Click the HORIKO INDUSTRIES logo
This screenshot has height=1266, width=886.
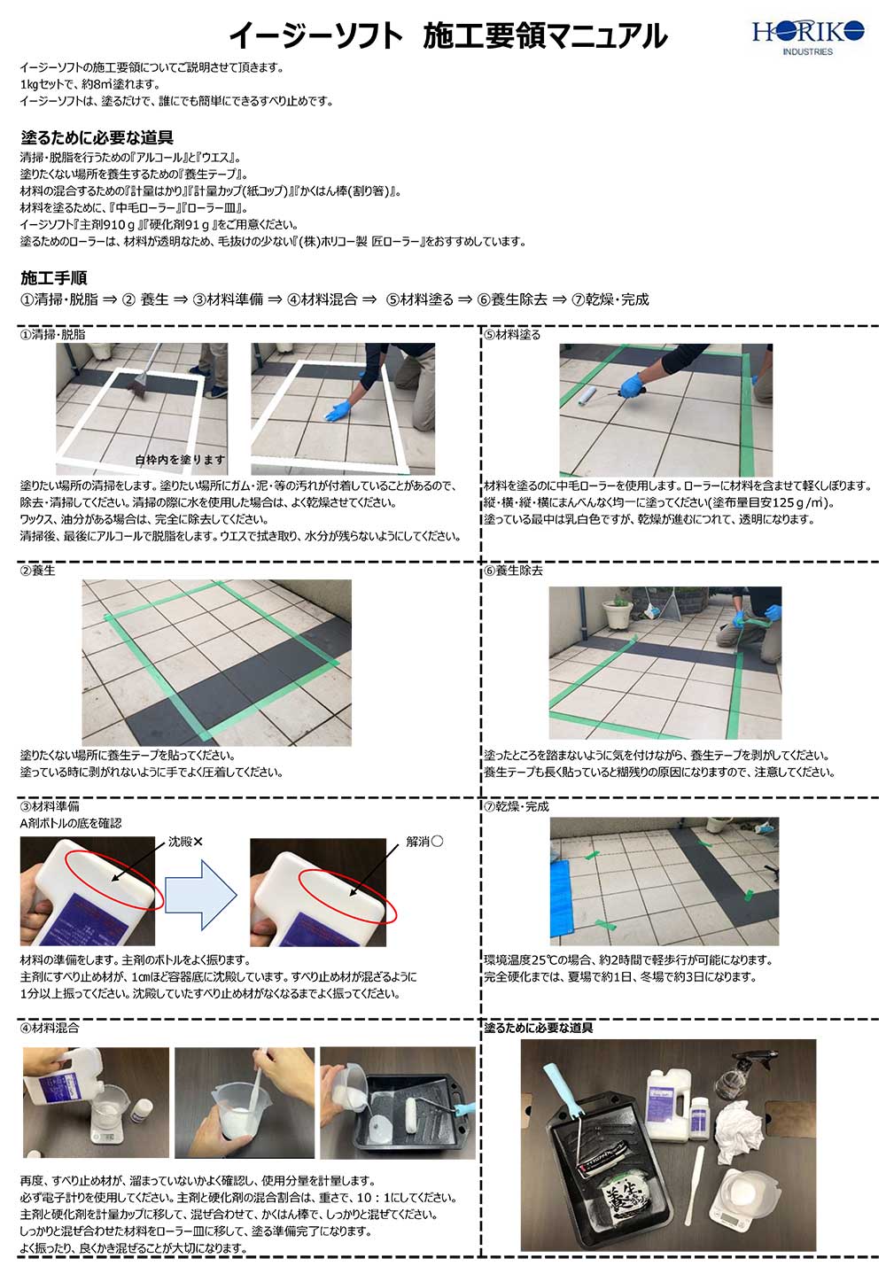(807, 36)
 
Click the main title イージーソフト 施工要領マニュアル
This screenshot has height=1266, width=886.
(447, 35)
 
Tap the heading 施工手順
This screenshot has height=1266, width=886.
(53, 277)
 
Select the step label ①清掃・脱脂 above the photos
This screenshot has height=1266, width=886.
(53, 335)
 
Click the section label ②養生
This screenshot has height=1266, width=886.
(38, 571)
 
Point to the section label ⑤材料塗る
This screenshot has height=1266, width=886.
(512, 335)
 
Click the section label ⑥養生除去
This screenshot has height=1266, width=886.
(514, 571)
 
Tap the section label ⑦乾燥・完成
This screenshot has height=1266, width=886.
(517, 806)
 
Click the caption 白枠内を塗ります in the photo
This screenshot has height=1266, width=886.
(180, 460)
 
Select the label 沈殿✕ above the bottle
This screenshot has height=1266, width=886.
(185, 842)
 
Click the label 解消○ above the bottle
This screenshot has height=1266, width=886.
(424, 842)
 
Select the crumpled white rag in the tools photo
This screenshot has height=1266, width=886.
(737, 1125)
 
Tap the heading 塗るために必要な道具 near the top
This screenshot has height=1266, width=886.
(97, 137)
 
